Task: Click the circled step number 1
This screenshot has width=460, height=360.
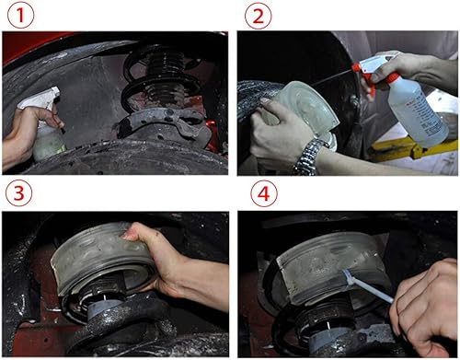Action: (20, 15)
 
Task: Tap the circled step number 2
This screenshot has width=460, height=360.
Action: (258, 16)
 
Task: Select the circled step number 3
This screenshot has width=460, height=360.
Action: (18, 193)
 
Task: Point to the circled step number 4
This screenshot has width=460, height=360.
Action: (264, 194)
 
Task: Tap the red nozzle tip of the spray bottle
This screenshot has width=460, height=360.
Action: (355, 68)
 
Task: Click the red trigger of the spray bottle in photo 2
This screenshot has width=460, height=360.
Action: (369, 82)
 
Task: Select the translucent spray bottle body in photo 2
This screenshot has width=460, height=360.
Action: (417, 112)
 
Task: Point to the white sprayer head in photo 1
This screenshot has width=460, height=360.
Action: (40, 99)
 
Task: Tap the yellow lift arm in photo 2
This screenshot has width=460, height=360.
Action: (411, 149)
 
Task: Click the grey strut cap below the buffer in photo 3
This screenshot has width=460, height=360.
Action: (104, 308)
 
